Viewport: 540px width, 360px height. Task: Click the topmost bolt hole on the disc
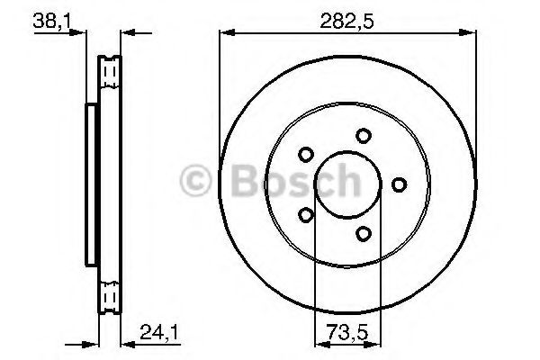coord(363,135)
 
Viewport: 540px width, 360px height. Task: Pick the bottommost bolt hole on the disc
coord(363,234)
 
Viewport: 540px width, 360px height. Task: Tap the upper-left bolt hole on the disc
coord(305,154)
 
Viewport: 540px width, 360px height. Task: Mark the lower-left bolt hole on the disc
coord(305,215)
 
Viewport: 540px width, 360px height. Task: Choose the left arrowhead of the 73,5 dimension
coord(318,343)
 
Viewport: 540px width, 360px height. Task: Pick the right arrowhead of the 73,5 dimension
coord(376,343)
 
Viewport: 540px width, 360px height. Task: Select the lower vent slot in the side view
coord(111,294)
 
